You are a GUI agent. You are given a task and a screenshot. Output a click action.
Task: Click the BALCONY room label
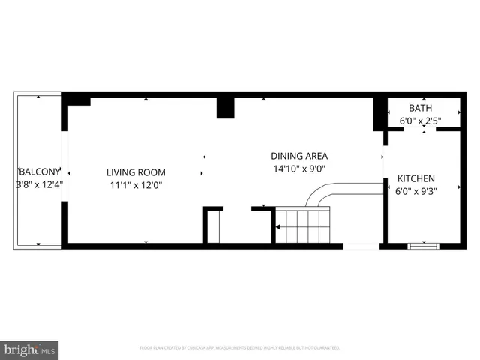[x=35, y=170]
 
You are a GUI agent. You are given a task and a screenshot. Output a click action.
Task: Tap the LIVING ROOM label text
[x=135, y=172]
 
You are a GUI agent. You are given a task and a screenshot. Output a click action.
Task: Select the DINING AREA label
[x=299, y=156]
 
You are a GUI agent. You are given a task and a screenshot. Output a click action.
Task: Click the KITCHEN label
[x=415, y=178]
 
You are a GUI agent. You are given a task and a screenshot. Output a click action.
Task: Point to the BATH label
[x=420, y=108]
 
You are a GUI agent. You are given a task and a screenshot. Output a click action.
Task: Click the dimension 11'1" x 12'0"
[x=135, y=184]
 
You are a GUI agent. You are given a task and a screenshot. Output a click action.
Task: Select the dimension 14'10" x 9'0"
[x=299, y=169]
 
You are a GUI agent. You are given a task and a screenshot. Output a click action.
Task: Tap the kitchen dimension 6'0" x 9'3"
[x=415, y=191]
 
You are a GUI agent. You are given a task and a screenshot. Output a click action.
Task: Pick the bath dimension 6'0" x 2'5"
[x=420, y=121]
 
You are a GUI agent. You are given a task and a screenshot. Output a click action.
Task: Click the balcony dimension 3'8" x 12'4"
[x=39, y=184]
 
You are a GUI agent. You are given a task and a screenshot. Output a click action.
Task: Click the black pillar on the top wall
[x=226, y=107]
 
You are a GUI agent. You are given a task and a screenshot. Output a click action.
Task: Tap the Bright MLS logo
[x=30, y=349]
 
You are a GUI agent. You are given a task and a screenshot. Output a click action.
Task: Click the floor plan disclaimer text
[x=240, y=348]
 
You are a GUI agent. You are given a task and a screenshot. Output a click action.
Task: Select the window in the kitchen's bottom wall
[x=424, y=244]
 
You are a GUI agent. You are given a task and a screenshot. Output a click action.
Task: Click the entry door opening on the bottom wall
[x=361, y=245]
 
